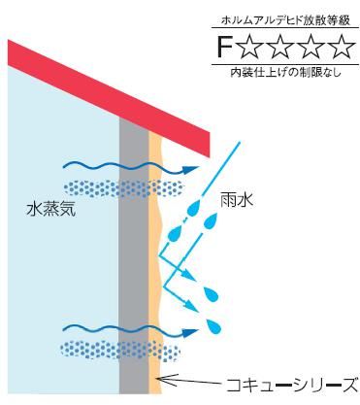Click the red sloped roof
point(107,87)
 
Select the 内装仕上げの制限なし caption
point(282,72)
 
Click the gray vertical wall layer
point(133,253)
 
